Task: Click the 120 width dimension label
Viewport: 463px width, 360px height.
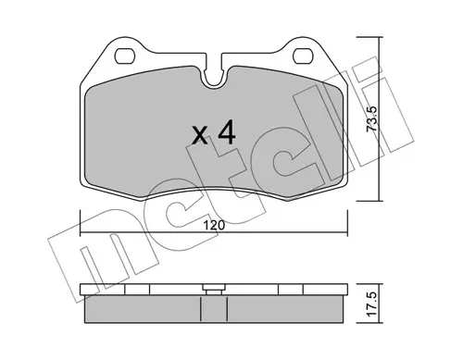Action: [x=214, y=225]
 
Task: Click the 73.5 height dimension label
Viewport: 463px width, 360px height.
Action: [x=371, y=119]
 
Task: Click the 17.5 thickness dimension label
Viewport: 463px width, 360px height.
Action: [x=372, y=304]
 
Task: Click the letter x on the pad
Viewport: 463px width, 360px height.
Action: [x=200, y=136]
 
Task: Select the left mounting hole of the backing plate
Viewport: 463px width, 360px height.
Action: [x=125, y=56]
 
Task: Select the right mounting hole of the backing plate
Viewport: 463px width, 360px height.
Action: [x=303, y=56]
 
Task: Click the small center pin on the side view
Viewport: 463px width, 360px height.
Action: [x=214, y=290]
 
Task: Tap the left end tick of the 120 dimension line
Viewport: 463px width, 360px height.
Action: [x=81, y=223]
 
